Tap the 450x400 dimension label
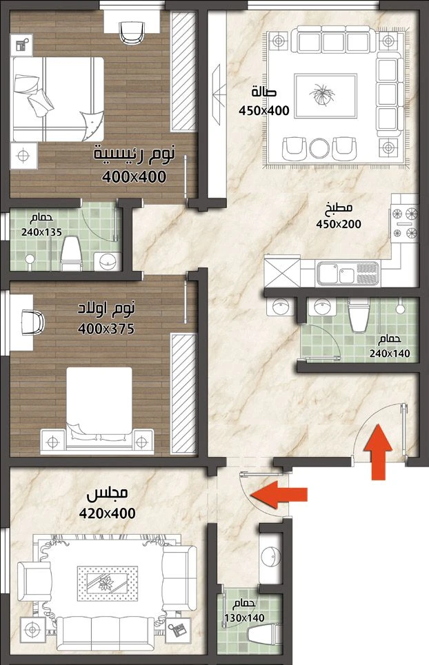pos(264,111)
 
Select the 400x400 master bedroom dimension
pos(134,177)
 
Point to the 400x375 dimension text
pos(106,329)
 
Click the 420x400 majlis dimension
pos(108,513)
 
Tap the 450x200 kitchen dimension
pos(338,224)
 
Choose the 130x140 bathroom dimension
pos(244,618)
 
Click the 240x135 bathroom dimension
pos(41,232)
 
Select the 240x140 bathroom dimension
pos(390,354)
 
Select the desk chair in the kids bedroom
pos(33,323)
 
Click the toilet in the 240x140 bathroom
pos(359,315)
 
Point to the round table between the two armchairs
pos(319,148)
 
